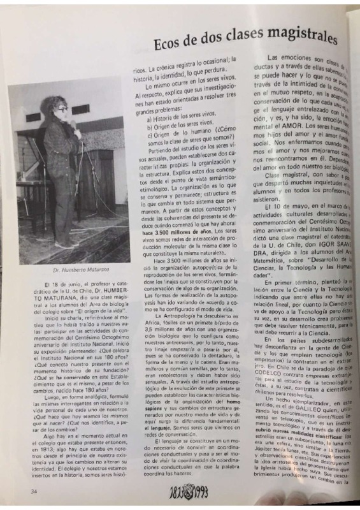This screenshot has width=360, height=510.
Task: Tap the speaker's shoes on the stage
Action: pyautogui.click(x=64, y=244)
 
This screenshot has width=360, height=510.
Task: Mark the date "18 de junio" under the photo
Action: pyautogui.click(x=54, y=282)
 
